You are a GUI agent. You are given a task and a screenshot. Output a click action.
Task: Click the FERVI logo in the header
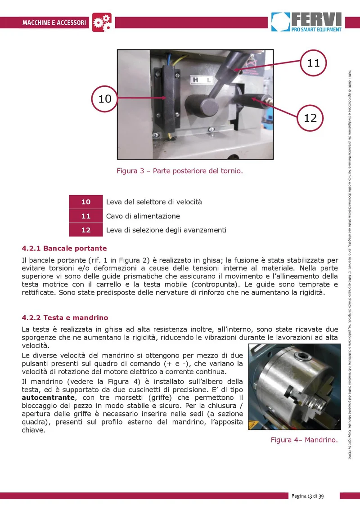(306, 22)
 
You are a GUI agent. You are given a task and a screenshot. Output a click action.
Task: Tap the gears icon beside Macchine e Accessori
(102, 22)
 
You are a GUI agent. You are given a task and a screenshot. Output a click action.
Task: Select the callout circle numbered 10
(104, 98)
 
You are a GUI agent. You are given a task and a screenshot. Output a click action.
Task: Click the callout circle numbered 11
(313, 63)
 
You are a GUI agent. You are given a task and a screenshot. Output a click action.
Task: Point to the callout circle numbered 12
(310, 117)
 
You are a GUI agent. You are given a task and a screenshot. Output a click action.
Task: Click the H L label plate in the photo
(202, 80)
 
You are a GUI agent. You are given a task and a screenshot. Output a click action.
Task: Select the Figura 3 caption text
(180, 171)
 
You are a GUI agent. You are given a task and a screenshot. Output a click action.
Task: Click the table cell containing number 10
(86, 202)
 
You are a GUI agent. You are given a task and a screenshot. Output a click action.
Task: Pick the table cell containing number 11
(86, 216)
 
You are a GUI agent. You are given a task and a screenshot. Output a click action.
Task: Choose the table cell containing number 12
(86, 230)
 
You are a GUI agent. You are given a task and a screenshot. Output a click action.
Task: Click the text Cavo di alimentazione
(143, 216)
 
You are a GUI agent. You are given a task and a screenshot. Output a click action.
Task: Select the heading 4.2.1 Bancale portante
(64, 248)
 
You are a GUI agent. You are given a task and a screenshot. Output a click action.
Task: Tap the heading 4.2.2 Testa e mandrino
(65, 317)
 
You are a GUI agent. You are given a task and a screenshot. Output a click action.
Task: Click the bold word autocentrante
(48, 397)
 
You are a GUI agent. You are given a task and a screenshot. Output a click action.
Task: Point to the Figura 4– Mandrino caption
(305, 440)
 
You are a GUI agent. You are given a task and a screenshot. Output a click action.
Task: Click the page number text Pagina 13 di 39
(307, 496)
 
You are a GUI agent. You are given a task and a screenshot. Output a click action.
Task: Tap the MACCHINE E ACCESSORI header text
(54, 23)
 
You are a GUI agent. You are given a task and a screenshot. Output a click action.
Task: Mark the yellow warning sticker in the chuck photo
(252, 425)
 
